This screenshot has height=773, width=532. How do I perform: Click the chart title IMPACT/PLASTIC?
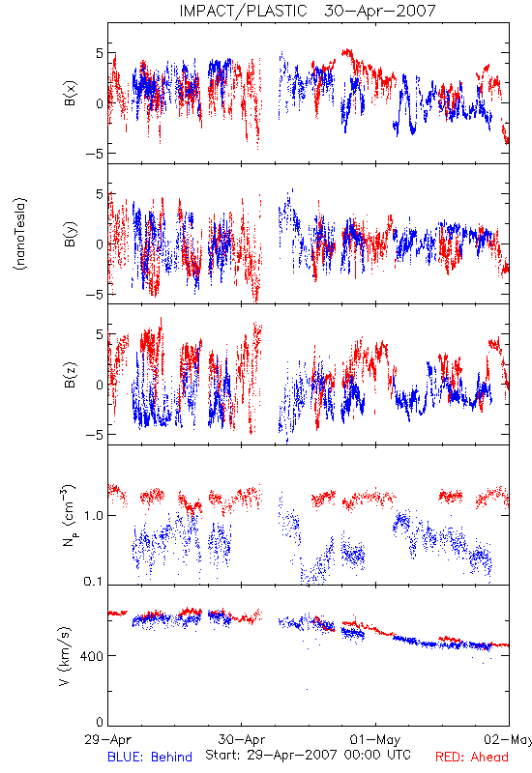tap(244, 11)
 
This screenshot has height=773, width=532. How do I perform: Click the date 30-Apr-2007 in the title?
tap(380, 11)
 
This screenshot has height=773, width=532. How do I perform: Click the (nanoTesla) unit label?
tap(20, 234)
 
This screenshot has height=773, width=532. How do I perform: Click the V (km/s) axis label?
tap(64, 656)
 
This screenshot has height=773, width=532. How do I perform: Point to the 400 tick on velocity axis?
tap(93, 656)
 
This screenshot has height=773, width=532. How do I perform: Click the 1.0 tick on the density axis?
tap(94, 515)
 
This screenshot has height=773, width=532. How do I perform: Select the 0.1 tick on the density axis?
tap(94, 582)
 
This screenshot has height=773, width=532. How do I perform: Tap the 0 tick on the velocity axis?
tap(100, 722)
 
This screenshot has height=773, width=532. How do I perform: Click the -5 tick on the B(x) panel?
tap(95, 154)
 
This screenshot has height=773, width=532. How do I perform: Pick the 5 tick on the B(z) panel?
tap(100, 334)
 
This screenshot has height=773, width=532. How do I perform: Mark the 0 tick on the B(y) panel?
tap(100, 244)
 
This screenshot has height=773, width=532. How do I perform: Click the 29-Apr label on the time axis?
tap(108, 739)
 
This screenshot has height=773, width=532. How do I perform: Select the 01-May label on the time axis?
tap(375, 739)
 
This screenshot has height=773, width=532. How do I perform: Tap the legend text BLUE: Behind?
tap(150, 757)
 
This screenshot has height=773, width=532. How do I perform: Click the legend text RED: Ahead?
tap(472, 757)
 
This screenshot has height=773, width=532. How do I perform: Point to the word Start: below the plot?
tap(223, 755)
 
